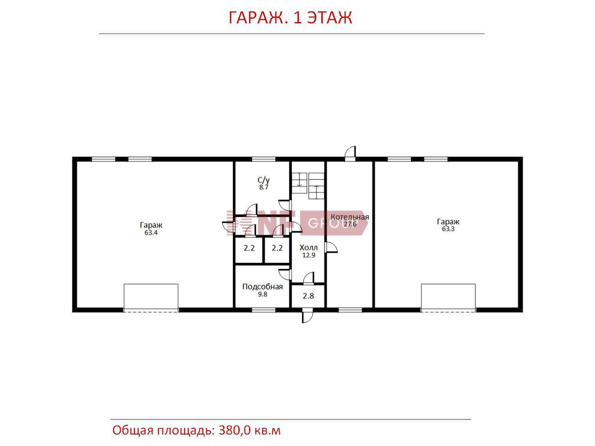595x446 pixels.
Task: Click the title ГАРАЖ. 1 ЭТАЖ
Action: [291, 18]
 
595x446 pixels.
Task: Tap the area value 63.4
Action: [151, 233]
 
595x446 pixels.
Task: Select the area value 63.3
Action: [448, 229]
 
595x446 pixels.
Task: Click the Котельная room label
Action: [350, 217]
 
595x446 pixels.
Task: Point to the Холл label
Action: [309, 248]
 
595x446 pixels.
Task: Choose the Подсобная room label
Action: [262, 287]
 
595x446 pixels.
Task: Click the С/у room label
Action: [264, 180]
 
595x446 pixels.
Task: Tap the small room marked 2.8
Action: [308, 296]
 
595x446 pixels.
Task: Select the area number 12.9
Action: [309, 255]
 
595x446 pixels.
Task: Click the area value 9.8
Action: [262, 295]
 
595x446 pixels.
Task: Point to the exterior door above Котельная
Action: [350, 153]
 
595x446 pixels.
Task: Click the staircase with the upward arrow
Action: [317, 186]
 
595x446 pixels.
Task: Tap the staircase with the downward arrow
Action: [299, 183]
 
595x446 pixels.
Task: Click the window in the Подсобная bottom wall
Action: [264, 310]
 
